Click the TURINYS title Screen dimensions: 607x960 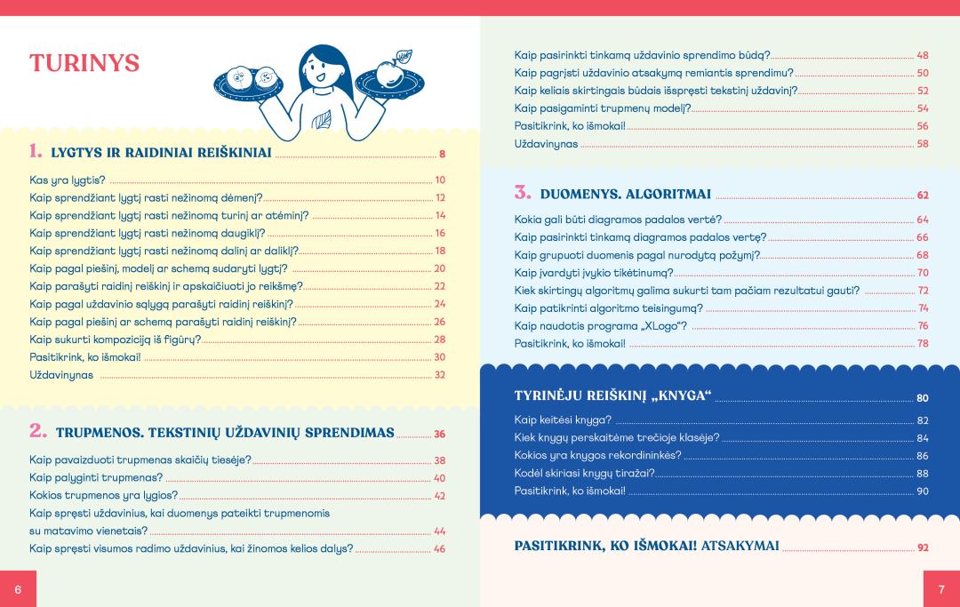point(84,64)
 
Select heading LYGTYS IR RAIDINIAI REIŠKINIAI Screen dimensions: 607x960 point(161,153)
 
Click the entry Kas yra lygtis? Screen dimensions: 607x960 point(68,180)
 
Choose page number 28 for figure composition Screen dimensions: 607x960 point(439,339)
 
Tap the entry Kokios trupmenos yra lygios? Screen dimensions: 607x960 point(104,495)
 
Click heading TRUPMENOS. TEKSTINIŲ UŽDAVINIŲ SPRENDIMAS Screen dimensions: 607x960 point(225,433)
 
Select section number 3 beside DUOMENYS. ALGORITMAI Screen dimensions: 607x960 point(522,192)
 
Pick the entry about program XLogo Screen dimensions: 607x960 point(601,326)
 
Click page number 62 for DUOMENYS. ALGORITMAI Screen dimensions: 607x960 point(923,195)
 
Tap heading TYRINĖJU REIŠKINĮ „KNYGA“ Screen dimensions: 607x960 point(613,395)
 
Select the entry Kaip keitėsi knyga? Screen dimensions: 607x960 point(563,419)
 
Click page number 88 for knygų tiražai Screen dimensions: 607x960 point(923,474)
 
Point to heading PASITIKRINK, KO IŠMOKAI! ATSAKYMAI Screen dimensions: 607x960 point(646,546)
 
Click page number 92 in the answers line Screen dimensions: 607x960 point(923,547)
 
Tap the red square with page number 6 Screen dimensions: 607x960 point(18,590)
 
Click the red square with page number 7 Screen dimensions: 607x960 point(940,590)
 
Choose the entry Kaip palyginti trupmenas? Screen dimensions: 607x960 point(100,477)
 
